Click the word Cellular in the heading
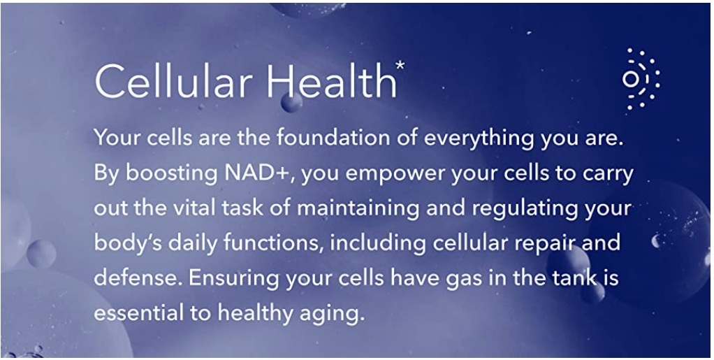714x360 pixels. click(x=173, y=80)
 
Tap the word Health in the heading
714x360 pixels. click(x=331, y=80)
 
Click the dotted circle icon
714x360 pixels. click(x=641, y=79)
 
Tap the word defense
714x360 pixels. click(x=138, y=277)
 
